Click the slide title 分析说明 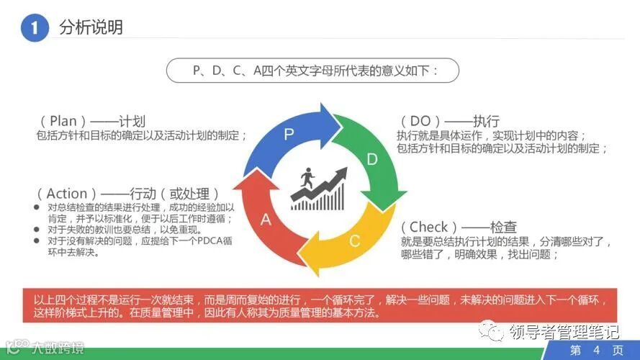point(91,27)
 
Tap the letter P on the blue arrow point(289,134)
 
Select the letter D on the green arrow point(371,159)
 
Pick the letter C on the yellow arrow point(354,240)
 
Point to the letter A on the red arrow point(265,220)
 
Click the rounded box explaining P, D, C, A point(313,71)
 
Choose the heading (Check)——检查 point(458,228)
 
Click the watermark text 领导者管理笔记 point(564,332)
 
